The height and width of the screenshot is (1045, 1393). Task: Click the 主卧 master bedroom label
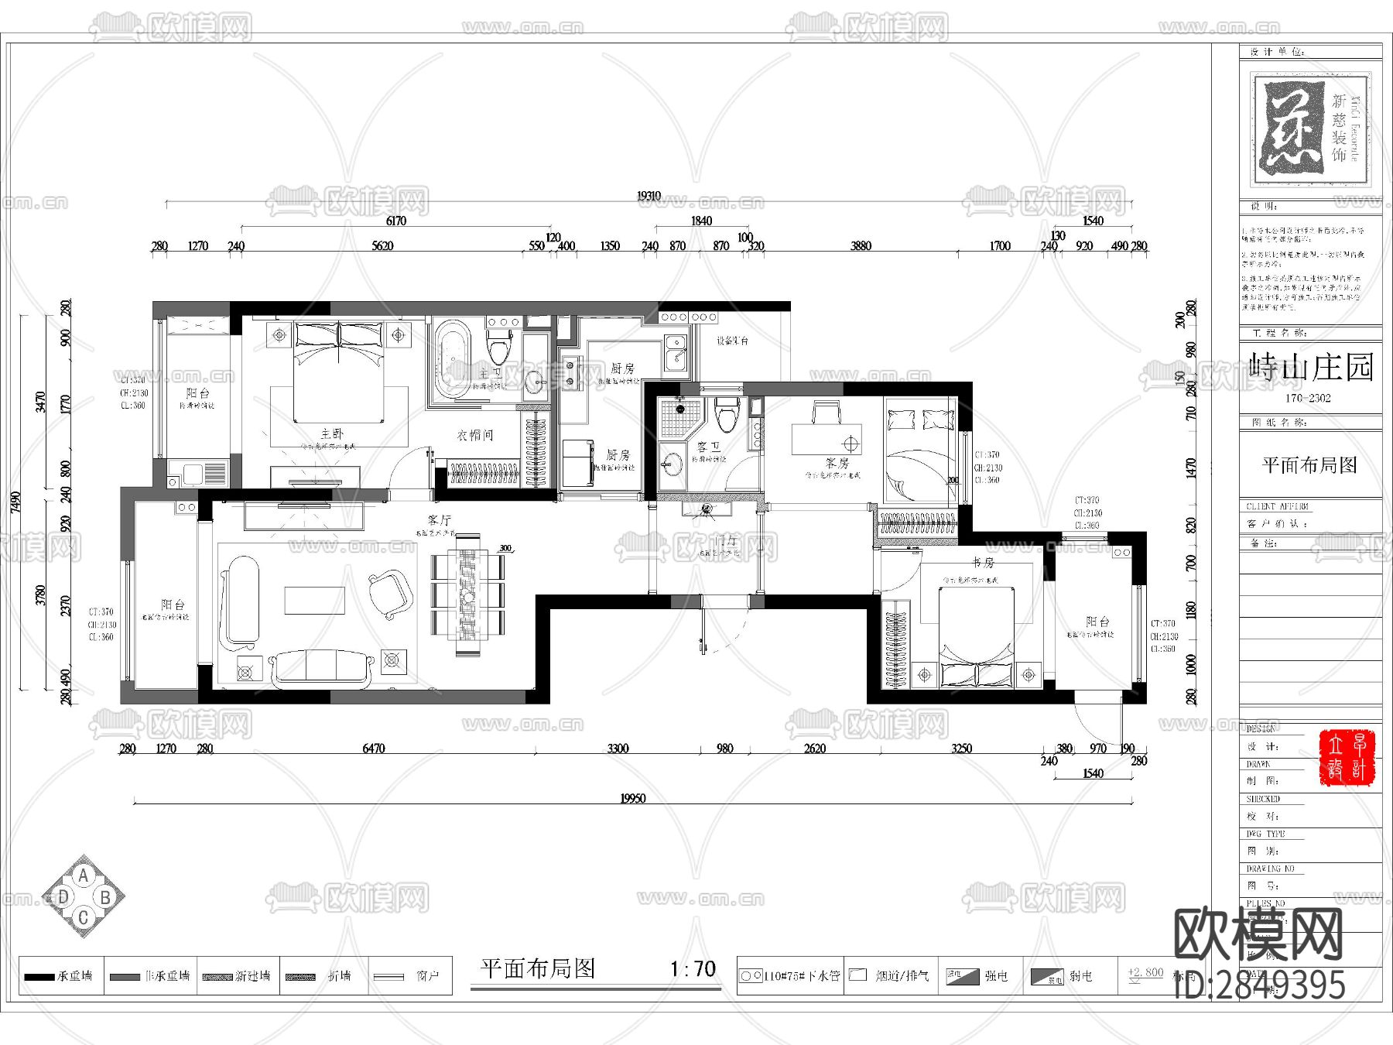[332, 433]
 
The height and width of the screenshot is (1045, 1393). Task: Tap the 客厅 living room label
[439, 520]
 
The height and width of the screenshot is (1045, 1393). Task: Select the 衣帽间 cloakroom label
[475, 436]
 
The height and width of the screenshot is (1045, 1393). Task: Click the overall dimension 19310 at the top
[649, 196]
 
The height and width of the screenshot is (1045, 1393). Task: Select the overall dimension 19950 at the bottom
[632, 798]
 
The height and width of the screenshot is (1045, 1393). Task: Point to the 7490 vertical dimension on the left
[16, 502]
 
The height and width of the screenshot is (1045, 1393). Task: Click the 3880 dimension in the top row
[861, 245]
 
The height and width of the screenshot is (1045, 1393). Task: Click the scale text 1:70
[693, 968]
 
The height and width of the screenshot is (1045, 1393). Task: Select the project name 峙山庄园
[1311, 367]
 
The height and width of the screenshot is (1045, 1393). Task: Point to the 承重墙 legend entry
[60, 976]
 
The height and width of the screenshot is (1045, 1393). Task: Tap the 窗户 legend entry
[410, 976]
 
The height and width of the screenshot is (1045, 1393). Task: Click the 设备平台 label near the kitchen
[731, 341]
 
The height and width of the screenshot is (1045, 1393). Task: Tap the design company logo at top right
[1310, 129]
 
